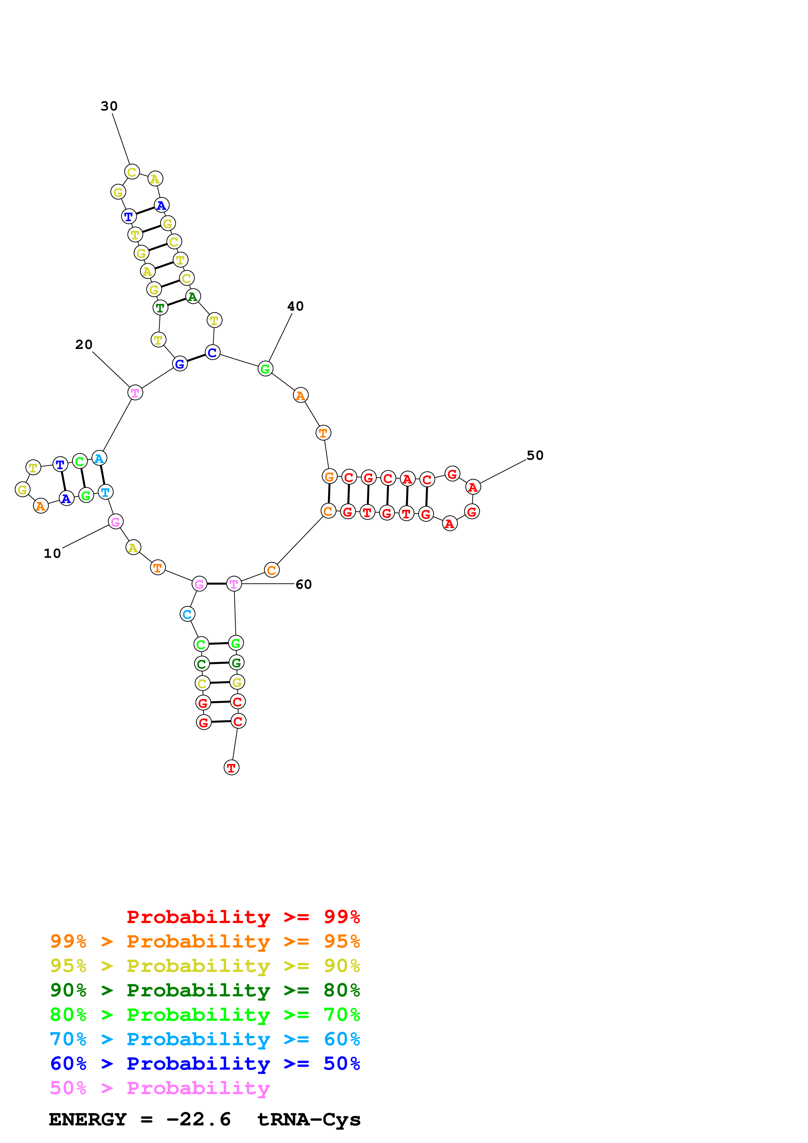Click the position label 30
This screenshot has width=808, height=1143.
[109, 106]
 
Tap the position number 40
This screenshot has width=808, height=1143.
[295, 306]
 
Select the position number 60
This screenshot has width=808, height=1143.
[304, 585]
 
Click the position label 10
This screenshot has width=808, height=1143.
[52, 554]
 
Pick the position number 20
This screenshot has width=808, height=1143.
[84, 344]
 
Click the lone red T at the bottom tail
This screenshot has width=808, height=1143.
[231, 768]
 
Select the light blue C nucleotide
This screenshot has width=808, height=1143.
[187, 614]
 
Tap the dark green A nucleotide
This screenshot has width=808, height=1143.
[193, 297]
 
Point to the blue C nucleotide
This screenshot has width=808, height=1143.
[213, 353]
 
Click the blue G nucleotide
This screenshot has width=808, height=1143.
[180, 364]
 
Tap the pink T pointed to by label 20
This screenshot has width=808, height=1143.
[135, 393]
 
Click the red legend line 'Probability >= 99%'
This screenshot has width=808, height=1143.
[243, 917]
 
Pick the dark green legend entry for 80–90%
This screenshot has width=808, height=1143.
[205, 990]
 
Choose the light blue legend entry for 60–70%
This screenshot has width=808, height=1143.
[205, 1039]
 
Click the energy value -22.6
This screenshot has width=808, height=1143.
[198, 1120]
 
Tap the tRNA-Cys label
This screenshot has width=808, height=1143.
[309, 1120]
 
